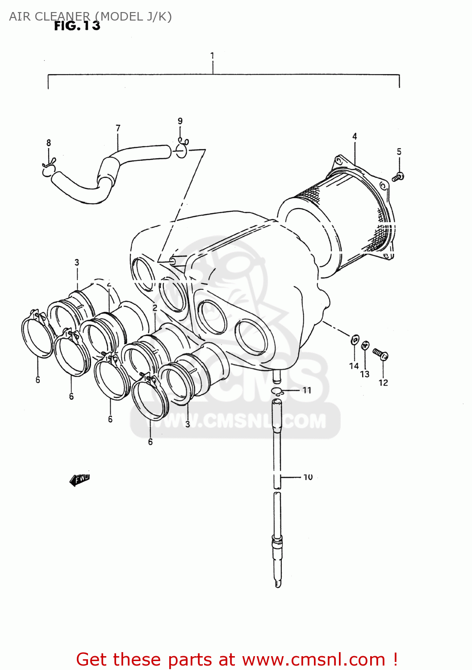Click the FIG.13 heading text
(77, 26)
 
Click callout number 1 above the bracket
(212, 56)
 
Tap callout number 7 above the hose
(118, 128)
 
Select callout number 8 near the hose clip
(49, 143)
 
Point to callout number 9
(180, 121)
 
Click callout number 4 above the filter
(355, 136)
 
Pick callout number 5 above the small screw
(399, 152)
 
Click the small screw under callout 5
(398, 177)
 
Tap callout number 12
(383, 383)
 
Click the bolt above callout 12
(380, 355)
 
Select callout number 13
(365, 374)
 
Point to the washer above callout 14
(355, 340)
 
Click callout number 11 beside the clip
(307, 390)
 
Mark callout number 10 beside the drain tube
(308, 477)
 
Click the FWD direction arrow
(80, 480)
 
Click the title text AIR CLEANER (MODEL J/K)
(90, 17)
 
